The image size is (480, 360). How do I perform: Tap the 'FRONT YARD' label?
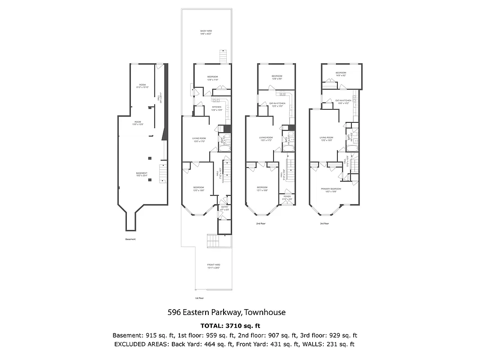coord(213,265)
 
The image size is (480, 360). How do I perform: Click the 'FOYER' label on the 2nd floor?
coord(287,197)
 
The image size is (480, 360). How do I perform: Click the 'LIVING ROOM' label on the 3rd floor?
coord(326,138)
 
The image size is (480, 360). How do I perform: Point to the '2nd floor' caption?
coord(261,223)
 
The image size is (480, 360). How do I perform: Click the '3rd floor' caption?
coord(324,223)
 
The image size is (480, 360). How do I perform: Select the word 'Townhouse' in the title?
coord(265,312)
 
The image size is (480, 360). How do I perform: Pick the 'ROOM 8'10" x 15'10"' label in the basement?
coord(143,86)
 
